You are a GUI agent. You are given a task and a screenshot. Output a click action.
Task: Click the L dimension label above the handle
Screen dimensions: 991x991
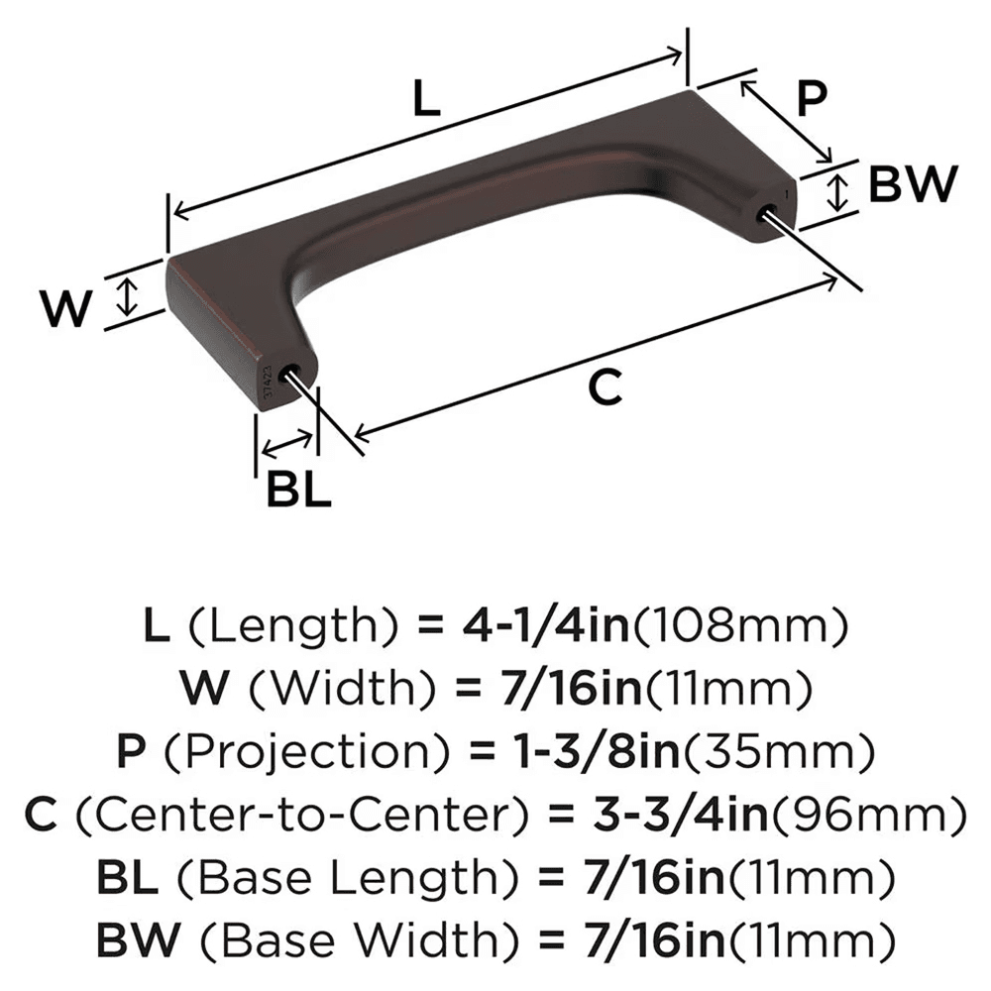click(426, 99)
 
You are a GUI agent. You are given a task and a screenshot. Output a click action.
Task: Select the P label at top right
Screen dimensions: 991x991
click(812, 99)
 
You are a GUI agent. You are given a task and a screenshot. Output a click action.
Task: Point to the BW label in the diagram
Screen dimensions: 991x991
click(913, 184)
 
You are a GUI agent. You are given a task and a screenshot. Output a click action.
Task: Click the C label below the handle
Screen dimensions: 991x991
click(605, 387)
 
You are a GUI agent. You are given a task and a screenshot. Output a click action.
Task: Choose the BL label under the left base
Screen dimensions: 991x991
click(297, 491)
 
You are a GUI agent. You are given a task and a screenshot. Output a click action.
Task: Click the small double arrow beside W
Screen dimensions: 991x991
click(125, 297)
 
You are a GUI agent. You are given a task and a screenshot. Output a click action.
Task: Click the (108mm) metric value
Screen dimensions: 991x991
click(739, 626)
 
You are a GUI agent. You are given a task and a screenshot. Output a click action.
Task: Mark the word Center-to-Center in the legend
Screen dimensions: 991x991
click(296, 815)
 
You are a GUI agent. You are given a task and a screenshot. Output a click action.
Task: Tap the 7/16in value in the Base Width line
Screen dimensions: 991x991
click(640, 937)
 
